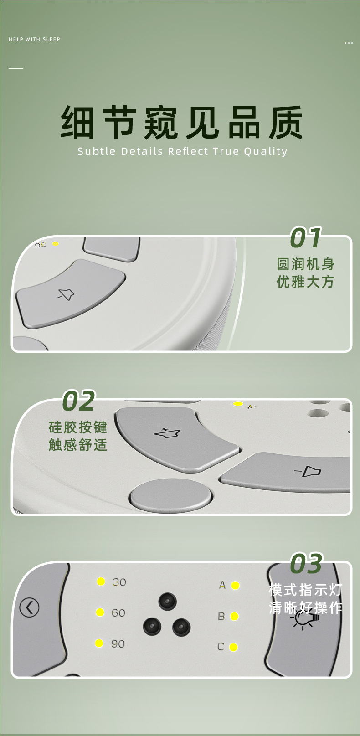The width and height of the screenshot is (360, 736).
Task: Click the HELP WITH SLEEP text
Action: [34, 39]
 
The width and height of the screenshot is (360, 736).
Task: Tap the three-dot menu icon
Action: [349, 43]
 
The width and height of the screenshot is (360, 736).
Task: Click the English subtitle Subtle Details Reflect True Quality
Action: [182, 151]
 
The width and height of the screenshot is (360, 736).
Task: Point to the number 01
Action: [306, 238]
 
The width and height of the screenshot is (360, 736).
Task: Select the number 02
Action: [78, 401]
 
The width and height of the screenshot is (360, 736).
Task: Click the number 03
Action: [306, 564]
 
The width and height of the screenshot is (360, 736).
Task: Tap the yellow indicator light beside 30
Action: [101, 582]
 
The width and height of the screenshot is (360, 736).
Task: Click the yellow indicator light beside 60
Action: [100, 612]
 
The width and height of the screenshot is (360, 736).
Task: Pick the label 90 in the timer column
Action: [118, 643]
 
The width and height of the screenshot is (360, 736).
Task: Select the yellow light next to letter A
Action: [235, 586]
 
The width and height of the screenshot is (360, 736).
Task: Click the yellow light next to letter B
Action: [234, 617]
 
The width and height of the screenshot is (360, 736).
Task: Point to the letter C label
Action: [221, 647]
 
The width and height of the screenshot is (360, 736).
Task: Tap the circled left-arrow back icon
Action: [30, 607]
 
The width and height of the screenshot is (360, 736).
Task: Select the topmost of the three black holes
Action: [167, 602]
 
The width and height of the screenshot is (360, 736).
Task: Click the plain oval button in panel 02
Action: [171, 495]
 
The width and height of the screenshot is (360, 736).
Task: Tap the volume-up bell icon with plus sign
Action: [167, 433]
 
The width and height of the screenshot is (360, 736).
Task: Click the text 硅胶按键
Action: [78, 427]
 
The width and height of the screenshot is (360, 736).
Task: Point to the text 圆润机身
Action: [306, 264]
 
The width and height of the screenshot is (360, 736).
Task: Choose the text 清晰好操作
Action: [306, 608]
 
